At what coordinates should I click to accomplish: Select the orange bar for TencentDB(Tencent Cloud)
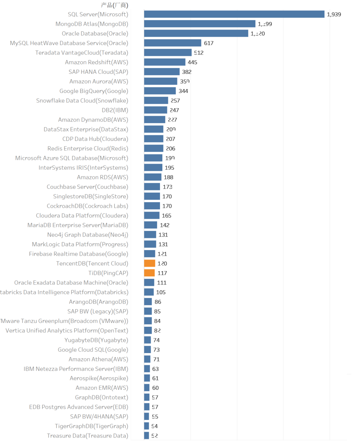(x=150, y=263)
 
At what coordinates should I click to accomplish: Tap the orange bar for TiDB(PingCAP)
(x=149, y=273)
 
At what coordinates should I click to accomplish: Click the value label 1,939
(x=334, y=14)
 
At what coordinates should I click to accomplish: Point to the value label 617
(x=209, y=43)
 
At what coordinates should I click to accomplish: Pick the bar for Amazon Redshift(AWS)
(x=165, y=62)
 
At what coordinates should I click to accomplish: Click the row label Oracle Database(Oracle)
(x=95, y=34)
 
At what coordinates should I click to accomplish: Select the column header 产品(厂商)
(x=114, y=5)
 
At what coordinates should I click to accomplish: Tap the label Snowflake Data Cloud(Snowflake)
(x=82, y=101)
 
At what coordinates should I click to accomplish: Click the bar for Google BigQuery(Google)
(x=160, y=91)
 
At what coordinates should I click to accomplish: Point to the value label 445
(x=192, y=62)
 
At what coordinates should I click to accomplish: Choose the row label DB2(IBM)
(x=115, y=110)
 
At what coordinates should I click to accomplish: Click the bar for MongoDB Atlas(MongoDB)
(x=200, y=24)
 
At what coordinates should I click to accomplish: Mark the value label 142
(x=165, y=225)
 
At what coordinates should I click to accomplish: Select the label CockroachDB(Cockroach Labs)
(x=87, y=206)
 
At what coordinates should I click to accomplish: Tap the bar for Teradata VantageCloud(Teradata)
(x=168, y=53)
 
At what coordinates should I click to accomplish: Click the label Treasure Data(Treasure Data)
(x=87, y=436)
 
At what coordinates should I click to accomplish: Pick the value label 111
(x=162, y=283)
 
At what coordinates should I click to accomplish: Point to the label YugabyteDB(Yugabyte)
(x=96, y=340)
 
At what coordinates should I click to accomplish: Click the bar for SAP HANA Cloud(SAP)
(x=162, y=72)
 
